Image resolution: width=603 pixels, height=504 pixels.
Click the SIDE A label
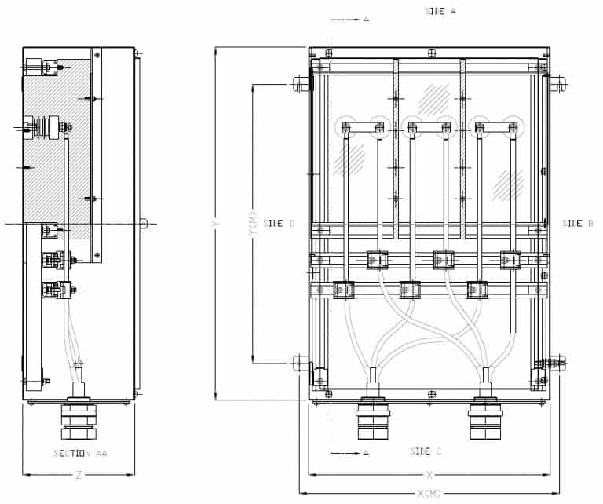click(x=440, y=11)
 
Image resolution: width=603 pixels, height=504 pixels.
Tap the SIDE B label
click(x=578, y=224)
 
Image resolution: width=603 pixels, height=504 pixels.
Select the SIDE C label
click(x=426, y=451)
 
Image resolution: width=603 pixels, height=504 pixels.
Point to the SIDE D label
click(x=279, y=224)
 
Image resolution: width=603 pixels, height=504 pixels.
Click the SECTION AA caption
click(x=80, y=454)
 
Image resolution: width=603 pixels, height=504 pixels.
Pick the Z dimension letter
click(x=78, y=475)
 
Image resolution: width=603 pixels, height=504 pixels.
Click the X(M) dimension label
click(x=430, y=493)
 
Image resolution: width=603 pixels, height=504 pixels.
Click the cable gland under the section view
click(x=78, y=420)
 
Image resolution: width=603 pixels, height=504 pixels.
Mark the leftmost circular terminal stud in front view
click(x=345, y=126)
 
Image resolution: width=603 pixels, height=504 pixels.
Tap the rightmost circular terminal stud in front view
click(x=513, y=126)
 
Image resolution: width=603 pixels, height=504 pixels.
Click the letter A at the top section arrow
click(x=366, y=19)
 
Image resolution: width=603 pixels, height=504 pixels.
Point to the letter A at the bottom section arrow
click(x=366, y=453)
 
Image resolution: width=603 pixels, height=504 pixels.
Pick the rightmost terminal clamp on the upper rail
click(x=511, y=258)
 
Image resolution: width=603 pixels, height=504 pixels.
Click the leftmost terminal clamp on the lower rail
click(x=343, y=290)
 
